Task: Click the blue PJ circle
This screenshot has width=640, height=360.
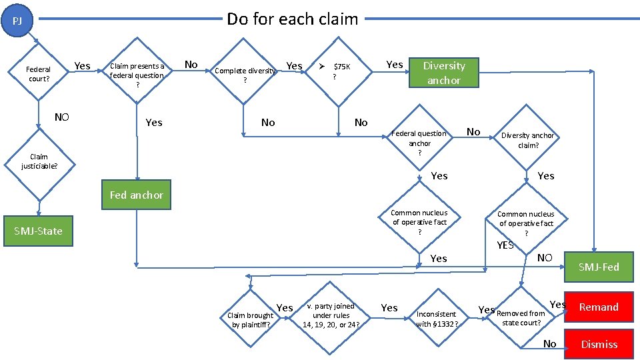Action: (x=18, y=21)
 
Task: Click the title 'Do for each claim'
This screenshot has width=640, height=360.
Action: (x=292, y=19)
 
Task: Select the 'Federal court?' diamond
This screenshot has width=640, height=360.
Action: (x=39, y=74)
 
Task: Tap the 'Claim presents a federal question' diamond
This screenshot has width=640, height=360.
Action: (x=137, y=75)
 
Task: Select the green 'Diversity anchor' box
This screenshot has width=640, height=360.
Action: (x=444, y=73)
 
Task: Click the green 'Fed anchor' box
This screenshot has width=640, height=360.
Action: (x=137, y=195)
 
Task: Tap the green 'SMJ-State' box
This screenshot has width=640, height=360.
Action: (x=38, y=231)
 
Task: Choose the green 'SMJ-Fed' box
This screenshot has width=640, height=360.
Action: (x=598, y=267)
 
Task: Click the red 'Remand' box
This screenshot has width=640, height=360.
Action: (x=598, y=307)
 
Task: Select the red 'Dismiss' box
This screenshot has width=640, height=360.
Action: (x=598, y=344)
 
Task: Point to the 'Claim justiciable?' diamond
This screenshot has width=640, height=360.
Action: (x=39, y=161)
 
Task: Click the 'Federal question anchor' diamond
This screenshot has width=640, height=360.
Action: (x=419, y=143)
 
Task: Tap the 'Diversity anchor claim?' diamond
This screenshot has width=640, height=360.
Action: (x=527, y=140)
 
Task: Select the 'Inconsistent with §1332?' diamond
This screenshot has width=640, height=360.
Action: (x=437, y=319)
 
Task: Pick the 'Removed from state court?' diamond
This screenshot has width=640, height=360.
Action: (x=521, y=318)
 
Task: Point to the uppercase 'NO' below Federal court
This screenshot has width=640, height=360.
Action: (x=62, y=117)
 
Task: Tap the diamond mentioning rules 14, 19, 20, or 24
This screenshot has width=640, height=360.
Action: (x=331, y=315)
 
